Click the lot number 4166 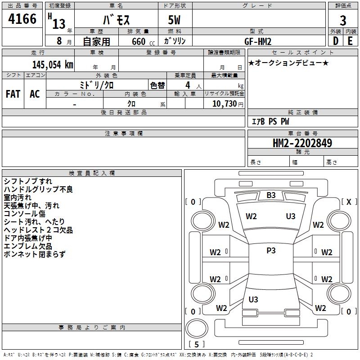(22, 19)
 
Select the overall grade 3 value (343, 20)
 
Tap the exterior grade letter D (336, 41)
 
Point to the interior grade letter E (350, 41)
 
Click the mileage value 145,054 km (53, 65)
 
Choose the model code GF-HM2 (258, 41)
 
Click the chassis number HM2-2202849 (302, 143)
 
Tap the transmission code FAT (13, 94)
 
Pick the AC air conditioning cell (35, 94)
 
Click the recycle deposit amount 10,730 (225, 104)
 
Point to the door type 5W (174, 20)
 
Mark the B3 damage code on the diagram (271, 195)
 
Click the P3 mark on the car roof (271, 251)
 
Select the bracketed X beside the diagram (349, 202)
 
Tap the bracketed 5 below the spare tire (197, 344)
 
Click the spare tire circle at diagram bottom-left (197, 328)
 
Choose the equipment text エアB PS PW (270, 121)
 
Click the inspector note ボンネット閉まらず (35, 254)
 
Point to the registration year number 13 (59, 24)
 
